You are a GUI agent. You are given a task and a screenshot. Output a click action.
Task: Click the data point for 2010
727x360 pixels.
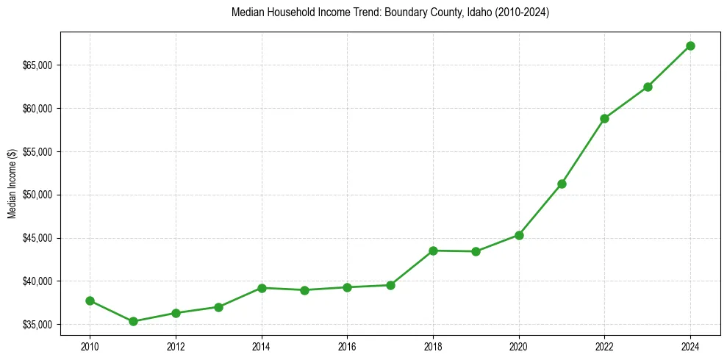[x=90, y=300]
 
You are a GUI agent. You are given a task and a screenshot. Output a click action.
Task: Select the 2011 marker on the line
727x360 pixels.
[x=133, y=321]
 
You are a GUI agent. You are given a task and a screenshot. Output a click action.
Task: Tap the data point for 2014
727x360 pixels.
[x=262, y=288]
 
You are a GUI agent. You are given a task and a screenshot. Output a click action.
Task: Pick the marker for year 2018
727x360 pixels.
[x=433, y=251]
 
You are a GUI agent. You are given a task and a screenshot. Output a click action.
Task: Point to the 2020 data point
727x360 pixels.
[x=519, y=235]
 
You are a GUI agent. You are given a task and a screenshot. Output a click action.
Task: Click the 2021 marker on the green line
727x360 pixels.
[x=562, y=184]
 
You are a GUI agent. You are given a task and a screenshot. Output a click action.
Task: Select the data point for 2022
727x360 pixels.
[x=604, y=118]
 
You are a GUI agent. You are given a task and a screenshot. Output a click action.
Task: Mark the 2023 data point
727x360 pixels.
[x=648, y=87]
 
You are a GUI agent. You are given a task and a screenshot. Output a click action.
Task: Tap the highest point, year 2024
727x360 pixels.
[x=690, y=46]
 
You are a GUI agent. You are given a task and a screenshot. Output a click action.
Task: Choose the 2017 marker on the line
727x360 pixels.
[x=390, y=285]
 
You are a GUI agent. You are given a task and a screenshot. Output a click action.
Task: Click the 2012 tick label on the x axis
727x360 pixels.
[x=176, y=345]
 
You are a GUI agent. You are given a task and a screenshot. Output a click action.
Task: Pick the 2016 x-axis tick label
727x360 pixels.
[x=347, y=345]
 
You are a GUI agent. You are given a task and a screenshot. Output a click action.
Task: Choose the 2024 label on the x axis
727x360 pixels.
[x=690, y=345]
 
